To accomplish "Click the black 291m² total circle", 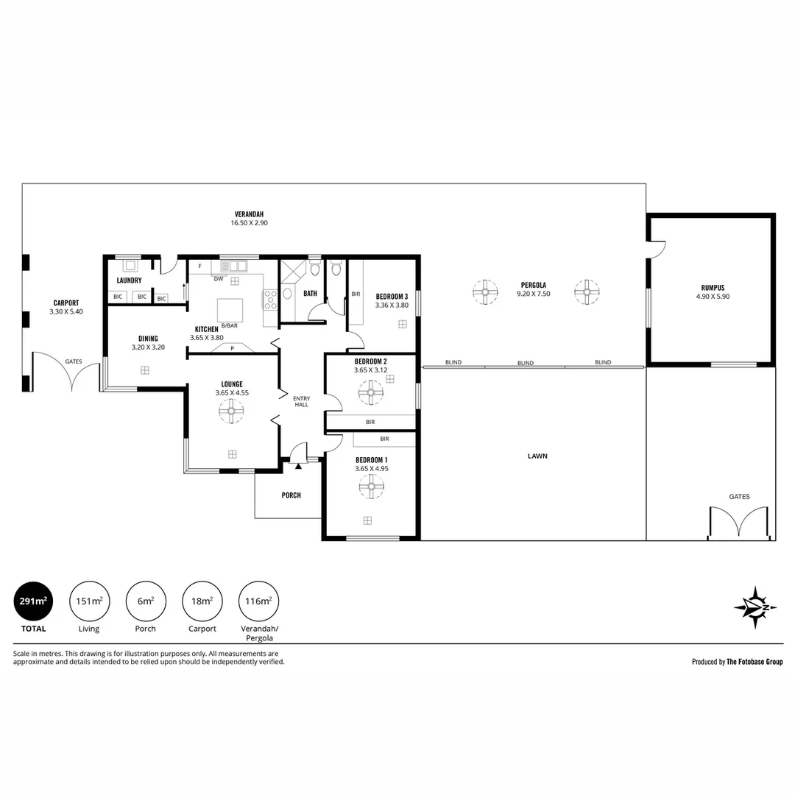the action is (x=33, y=601).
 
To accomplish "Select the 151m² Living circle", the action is (x=89, y=601).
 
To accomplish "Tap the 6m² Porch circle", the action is (x=146, y=601).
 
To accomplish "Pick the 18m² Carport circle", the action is (x=202, y=601).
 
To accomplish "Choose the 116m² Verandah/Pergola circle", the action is (x=258, y=601).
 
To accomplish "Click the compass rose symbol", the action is (x=755, y=607).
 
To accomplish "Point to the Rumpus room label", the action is (x=713, y=288).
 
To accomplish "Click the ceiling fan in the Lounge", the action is (x=231, y=411).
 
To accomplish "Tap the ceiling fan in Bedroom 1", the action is (x=371, y=487).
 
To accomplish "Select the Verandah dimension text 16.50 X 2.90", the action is (x=249, y=222).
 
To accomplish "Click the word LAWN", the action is (x=537, y=456).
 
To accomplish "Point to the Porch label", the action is (x=291, y=495).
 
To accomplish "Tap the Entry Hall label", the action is (x=301, y=402).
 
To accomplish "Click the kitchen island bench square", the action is (x=230, y=311).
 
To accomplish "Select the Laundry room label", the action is (x=130, y=280).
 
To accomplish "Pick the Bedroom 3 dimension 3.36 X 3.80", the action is (x=392, y=305).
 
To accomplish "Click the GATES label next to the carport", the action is (x=74, y=361).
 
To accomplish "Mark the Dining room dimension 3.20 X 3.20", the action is (x=148, y=347).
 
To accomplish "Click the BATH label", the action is (x=310, y=293).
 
